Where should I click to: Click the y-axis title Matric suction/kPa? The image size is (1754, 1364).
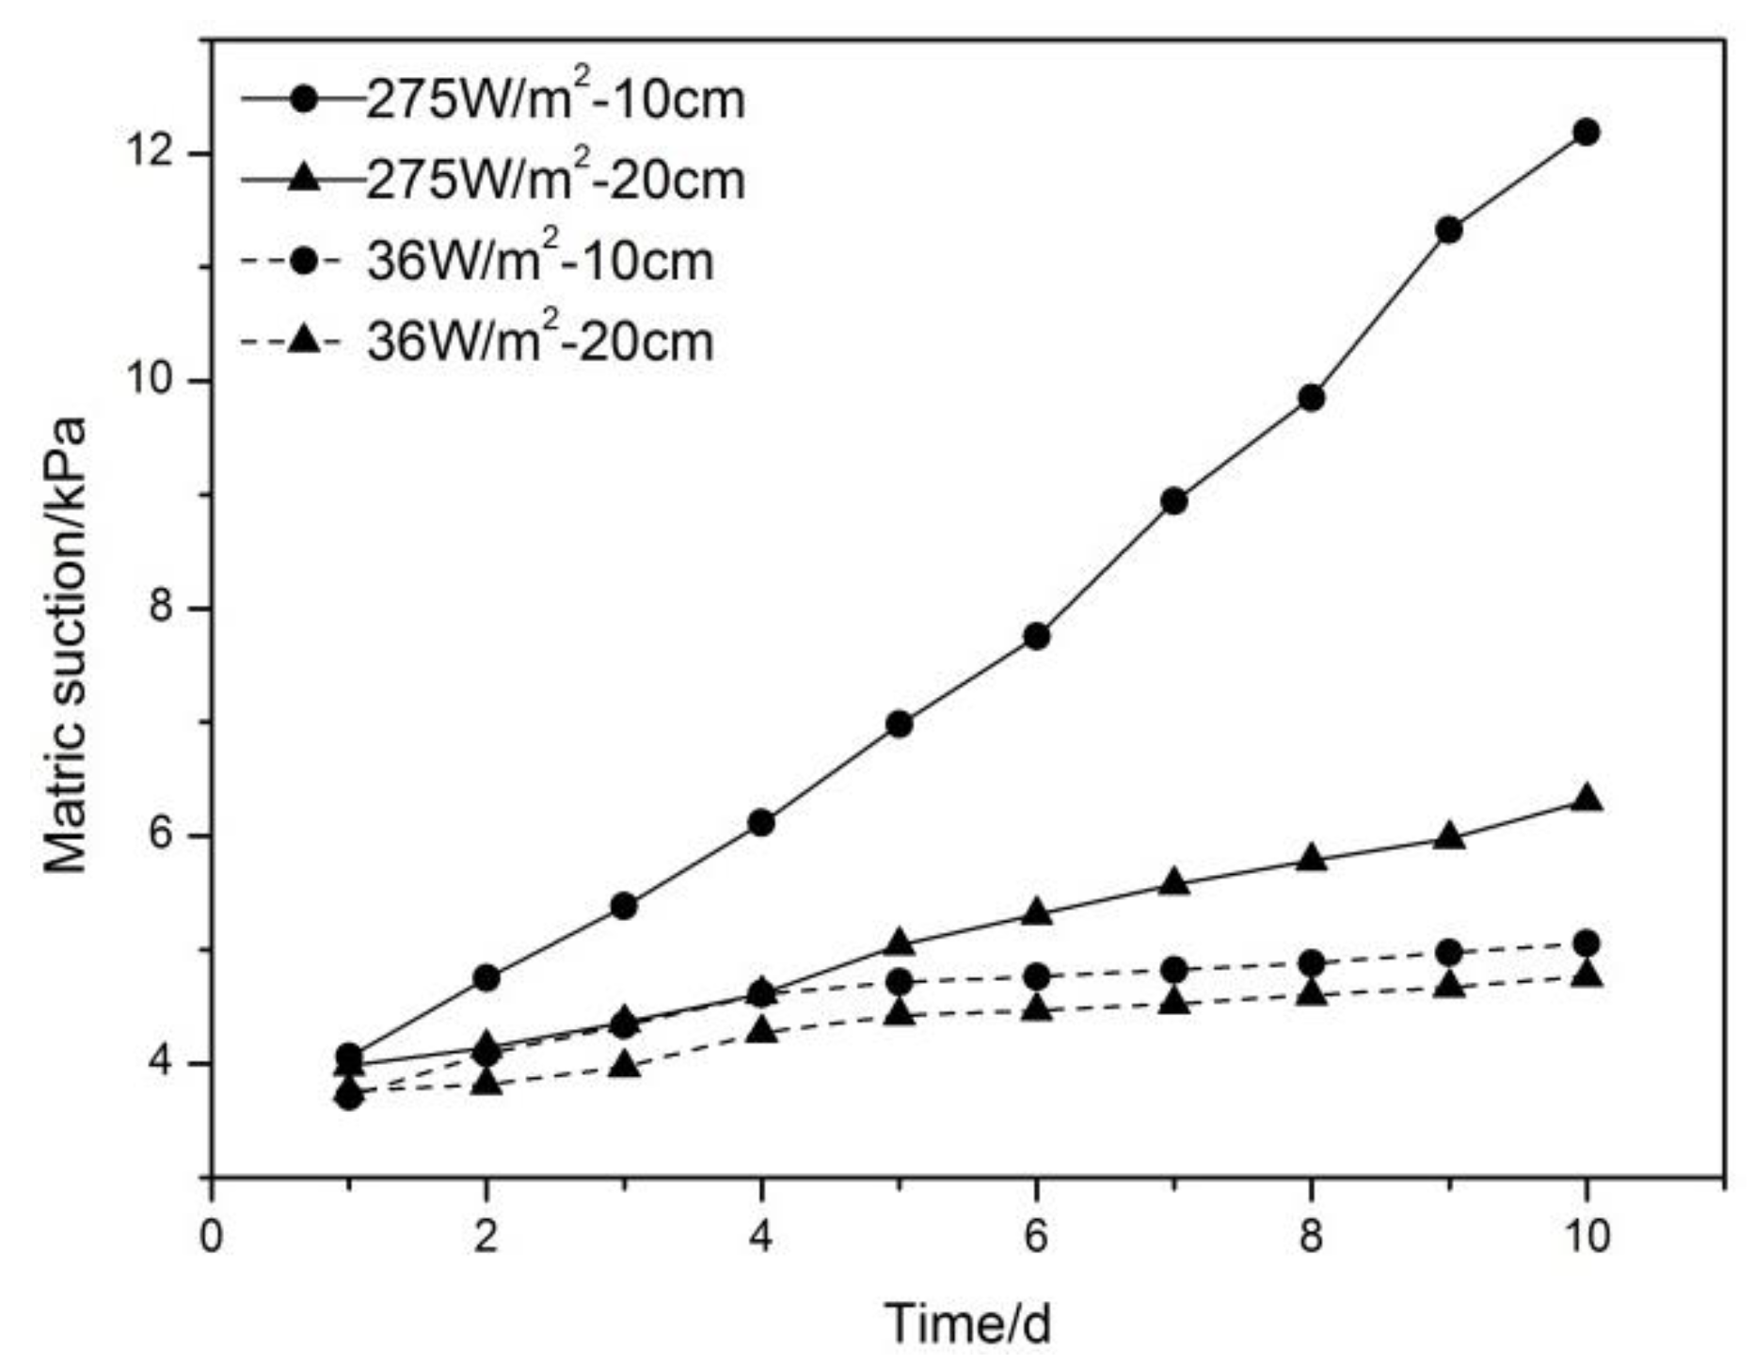click(66, 645)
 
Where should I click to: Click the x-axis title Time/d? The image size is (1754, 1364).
click(966, 1324)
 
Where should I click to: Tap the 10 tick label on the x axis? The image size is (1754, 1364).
click(1587, 1236)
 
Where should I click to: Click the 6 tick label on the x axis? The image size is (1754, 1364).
click(1036, 1236)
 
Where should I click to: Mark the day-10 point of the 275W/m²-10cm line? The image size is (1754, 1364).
click(1587, 132)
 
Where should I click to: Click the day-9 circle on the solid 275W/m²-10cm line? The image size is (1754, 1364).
click(1449, 230)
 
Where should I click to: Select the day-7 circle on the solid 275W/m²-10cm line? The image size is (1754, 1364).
click(1174, 501)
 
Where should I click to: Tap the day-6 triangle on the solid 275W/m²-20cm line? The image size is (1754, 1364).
click(1036, 912)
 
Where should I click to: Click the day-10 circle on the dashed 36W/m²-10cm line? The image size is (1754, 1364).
click(1587, 943)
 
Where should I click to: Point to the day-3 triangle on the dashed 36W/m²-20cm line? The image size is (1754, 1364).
click(624, 1066)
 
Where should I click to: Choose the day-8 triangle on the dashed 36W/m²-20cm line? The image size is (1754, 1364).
click(1312, 993)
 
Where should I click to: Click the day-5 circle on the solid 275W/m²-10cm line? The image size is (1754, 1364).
click(900, 724)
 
